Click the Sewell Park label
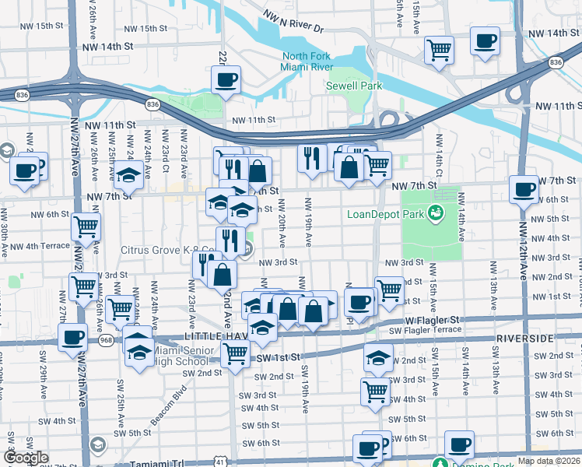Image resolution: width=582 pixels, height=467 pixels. point(354,86)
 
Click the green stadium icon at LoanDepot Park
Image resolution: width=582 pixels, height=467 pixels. point(436,212)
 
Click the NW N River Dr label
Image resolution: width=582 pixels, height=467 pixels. point(293,21)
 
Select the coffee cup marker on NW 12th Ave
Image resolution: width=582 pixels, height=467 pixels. point(524,189)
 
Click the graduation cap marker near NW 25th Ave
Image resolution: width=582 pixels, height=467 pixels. point(128,177)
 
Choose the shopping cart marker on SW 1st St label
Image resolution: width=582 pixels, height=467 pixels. point(235,354)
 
